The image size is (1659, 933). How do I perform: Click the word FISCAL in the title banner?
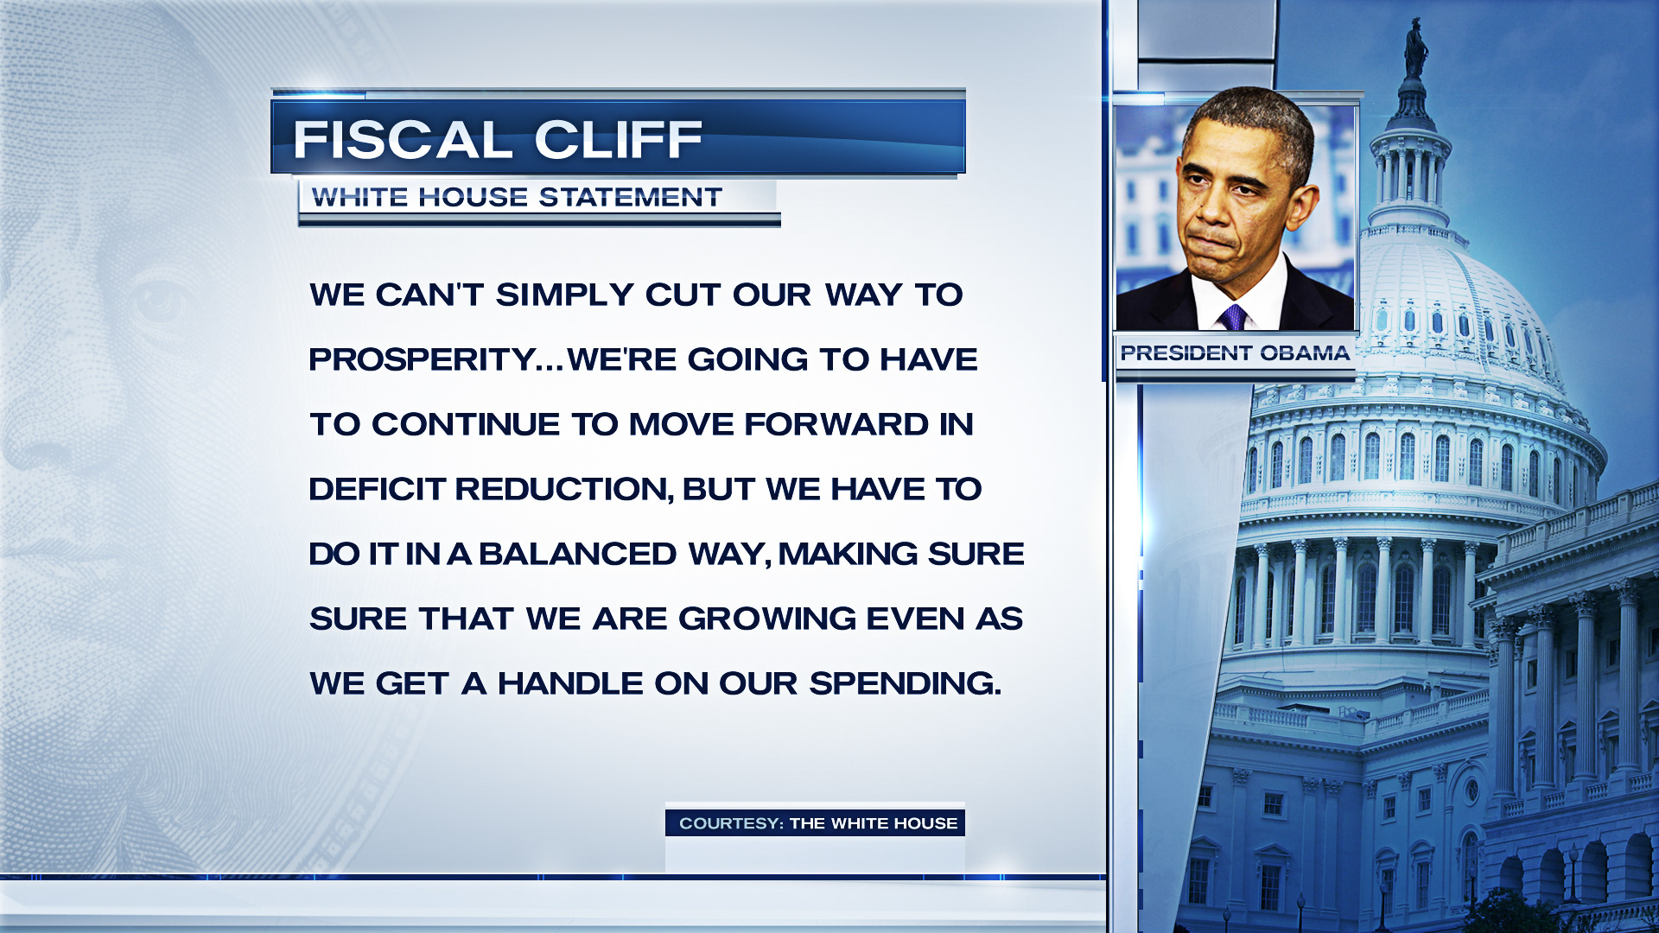[x=403, y=139]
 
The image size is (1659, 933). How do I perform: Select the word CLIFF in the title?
[x=618, y=139]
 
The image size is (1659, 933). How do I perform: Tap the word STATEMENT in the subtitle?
[x=631, y=197]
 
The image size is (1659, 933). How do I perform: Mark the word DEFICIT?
[x=378, y=489]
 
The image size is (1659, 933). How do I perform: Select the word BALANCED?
[x=577, y=554]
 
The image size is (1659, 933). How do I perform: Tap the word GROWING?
[x=767, y=619]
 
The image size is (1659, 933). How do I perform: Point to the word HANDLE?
[x=570, y=683]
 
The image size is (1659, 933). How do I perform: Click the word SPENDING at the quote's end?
[x=905, y=683]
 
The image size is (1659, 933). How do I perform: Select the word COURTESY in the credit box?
[x=731, y=823]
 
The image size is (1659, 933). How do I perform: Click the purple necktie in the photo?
[x=1232, y=316]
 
